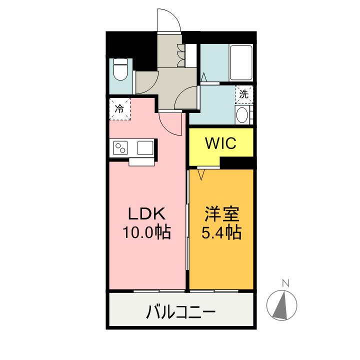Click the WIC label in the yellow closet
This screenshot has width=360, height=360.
[x=220, y=143]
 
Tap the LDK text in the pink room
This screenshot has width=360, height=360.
[x=146, y=214]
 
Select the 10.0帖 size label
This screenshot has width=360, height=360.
[x=146, y=232]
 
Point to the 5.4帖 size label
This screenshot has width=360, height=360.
[x=221, y=232]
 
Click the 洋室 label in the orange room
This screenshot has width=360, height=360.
[x=222, y=214]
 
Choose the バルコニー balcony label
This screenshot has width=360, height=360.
[x=181, y=312]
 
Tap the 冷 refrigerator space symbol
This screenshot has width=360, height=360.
[x=119, y=109]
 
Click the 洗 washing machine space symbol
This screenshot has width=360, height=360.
[x=244, y=94]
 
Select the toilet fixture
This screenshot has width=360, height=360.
[x=121, y=69]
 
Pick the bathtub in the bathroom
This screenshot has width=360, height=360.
[x=241, y=62]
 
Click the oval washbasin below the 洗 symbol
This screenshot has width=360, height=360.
[x=241, y=115]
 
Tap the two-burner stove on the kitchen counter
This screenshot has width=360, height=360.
[x=120, y=148]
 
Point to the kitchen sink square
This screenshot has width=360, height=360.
[x=145, y=148]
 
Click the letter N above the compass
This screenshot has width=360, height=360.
[x=285, y=283]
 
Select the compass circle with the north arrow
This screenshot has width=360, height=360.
[x=281, y=305]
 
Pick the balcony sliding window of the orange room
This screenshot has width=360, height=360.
[x=214, y=291]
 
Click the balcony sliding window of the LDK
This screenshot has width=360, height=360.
[x=159, y=291]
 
